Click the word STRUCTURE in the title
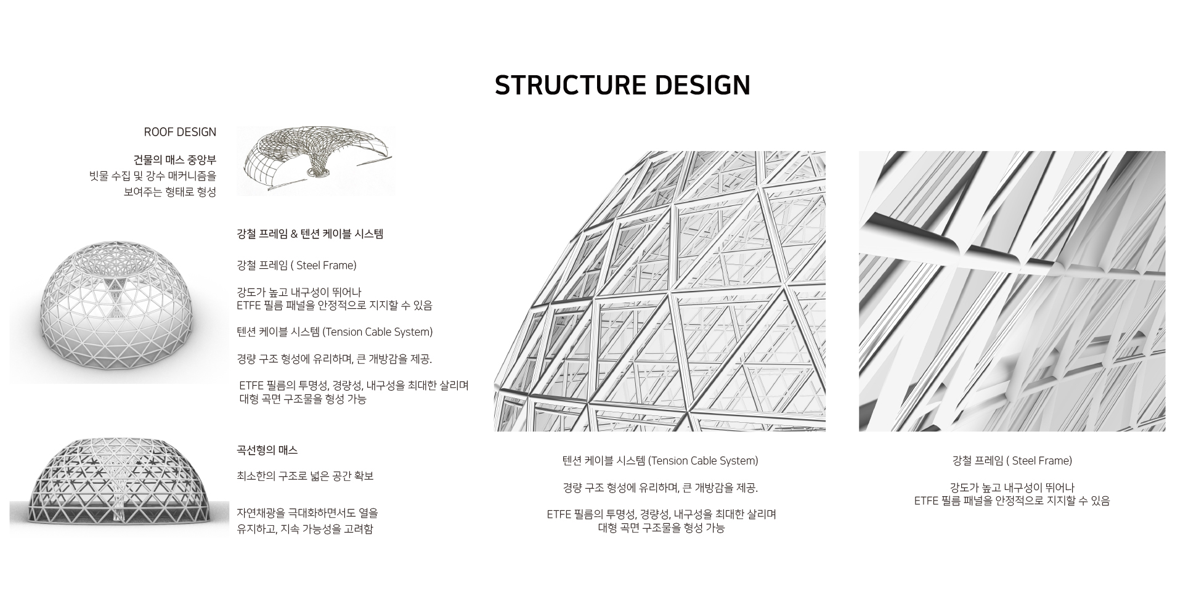pyautogui.click(x=570, y=85)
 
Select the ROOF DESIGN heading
pyautogui.click(x=180, y=132)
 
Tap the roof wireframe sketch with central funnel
pyautogui.click(x=315, y=161)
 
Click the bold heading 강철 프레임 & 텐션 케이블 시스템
pyautogui.click(x=310, y=234)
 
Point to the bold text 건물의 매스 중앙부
pyautogui.click(x=175, y=160)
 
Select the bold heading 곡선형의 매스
pyautogui.click(x=267, y=451)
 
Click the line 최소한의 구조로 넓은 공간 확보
pyautogui.click(x=305, y=476)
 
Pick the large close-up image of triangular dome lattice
pyautogui.click(x=659, y=291)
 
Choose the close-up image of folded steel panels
pyautogui.click(x=1012, y=291)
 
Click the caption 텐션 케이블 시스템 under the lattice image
pyautogui.click(x=660, y=461)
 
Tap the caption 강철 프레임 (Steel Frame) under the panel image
pyautogui.click(x=1012, y=461)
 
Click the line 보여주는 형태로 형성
pyautogui.click(x=170, y=192)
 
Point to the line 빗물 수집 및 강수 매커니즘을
pyautogui.click(x=153, y=176)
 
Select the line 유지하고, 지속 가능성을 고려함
pyautogui.click(x=305, y=529)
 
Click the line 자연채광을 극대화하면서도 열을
pyautogui.click(x=307, y=513)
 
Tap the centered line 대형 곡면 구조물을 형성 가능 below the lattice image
pyautogui.click(x=661, y=528)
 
